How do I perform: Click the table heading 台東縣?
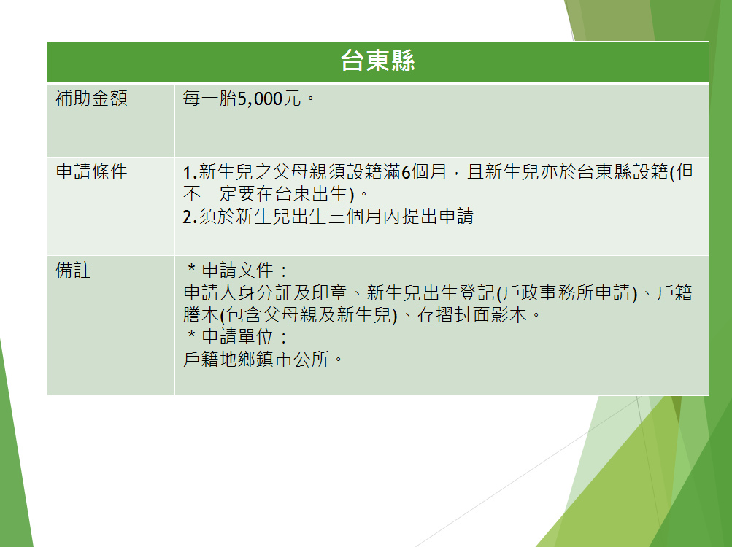[x=377, y=61]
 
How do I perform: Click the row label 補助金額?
[x=91, y=98]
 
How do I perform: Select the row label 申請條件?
[x=91, y=171]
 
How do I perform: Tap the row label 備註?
[x=73, y=271]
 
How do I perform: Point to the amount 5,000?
[x=260, y=99]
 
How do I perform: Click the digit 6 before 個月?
[x=406, y=172]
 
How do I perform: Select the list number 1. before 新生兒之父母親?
[x=190, y=173]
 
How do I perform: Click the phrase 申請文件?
[x=238, y=271]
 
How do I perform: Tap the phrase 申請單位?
[x=238, y=336]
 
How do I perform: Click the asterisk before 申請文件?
[x=191, y=268]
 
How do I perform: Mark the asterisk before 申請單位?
[x=191, y=335]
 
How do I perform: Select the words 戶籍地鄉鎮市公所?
[x=256, y=359]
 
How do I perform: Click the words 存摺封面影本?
[x=472, y=315]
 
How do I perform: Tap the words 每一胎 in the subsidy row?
[x=210, y=98]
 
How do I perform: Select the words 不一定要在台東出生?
[x=266, y=194]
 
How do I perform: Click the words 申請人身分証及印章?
[x=265, y=292]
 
